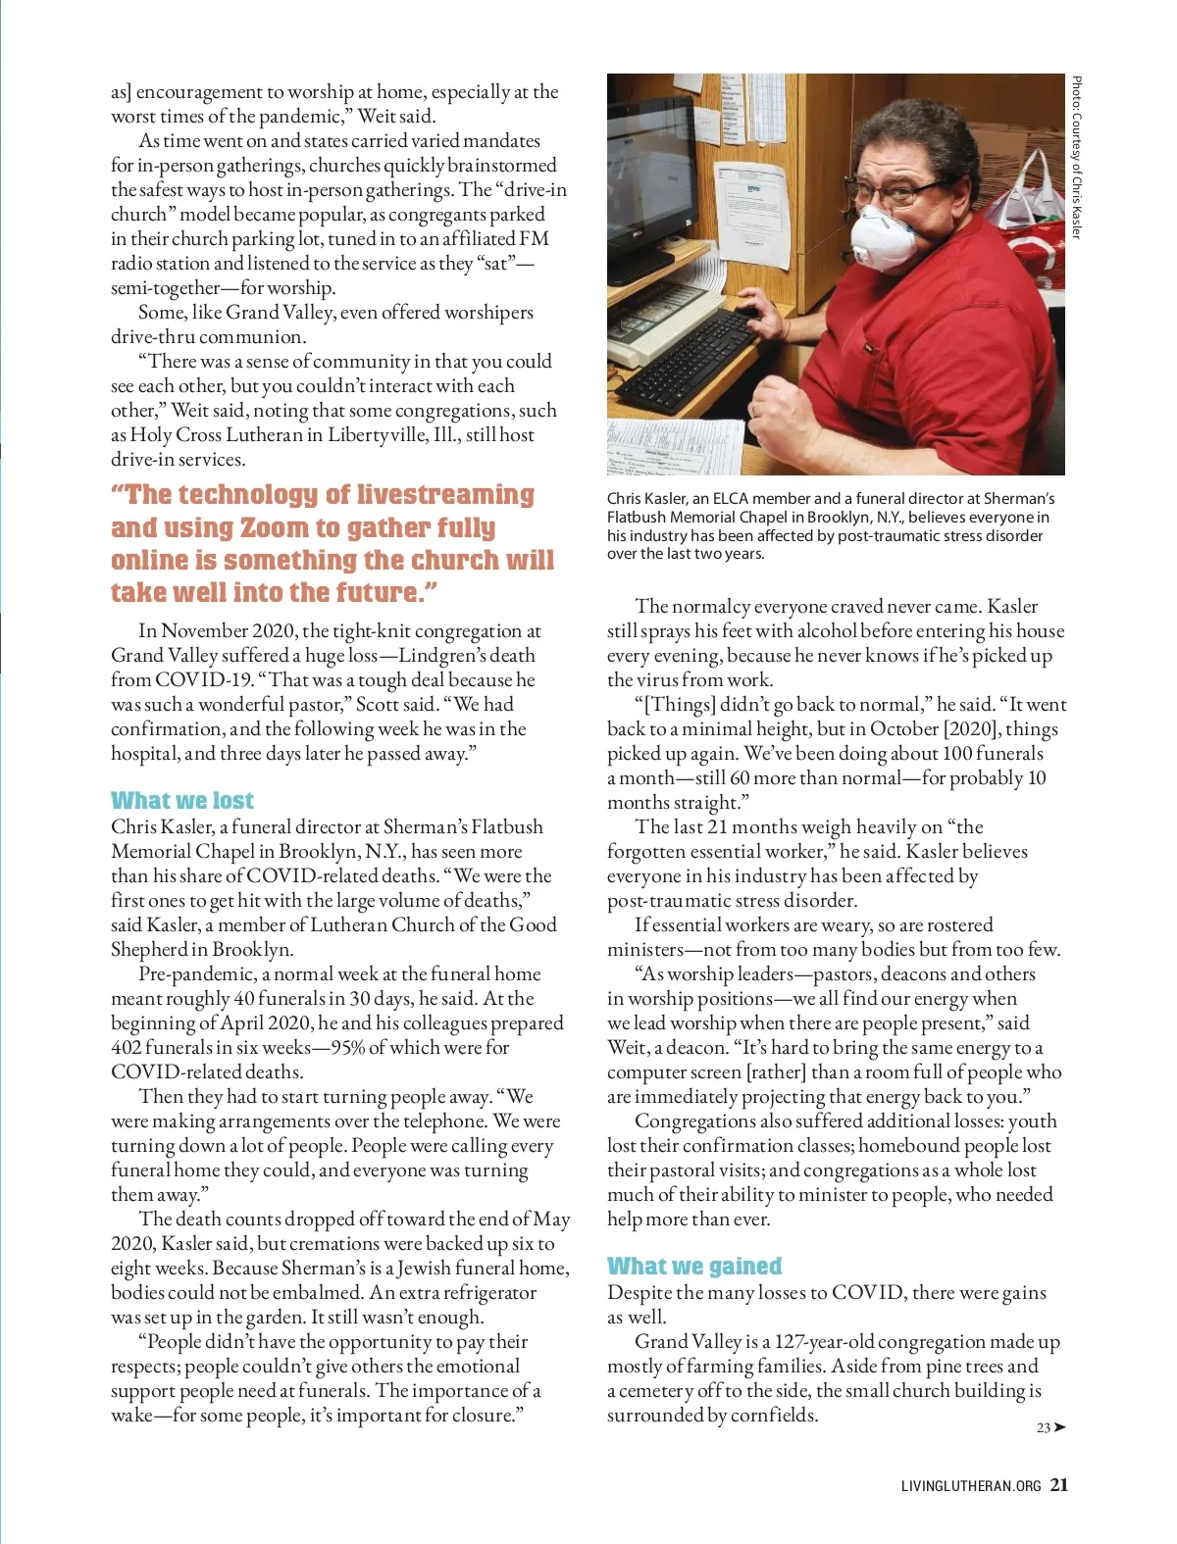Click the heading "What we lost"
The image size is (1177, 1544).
tap(182, 800)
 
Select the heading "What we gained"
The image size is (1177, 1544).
tap(694, 1266)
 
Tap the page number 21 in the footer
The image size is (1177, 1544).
tap(1059, 1484)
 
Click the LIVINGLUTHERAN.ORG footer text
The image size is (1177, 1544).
tap(970, 1486)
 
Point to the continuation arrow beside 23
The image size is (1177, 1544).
tap(1059, 1427)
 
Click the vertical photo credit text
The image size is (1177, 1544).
tap(1076, 157)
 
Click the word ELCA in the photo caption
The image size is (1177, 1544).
tap(731, 499)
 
